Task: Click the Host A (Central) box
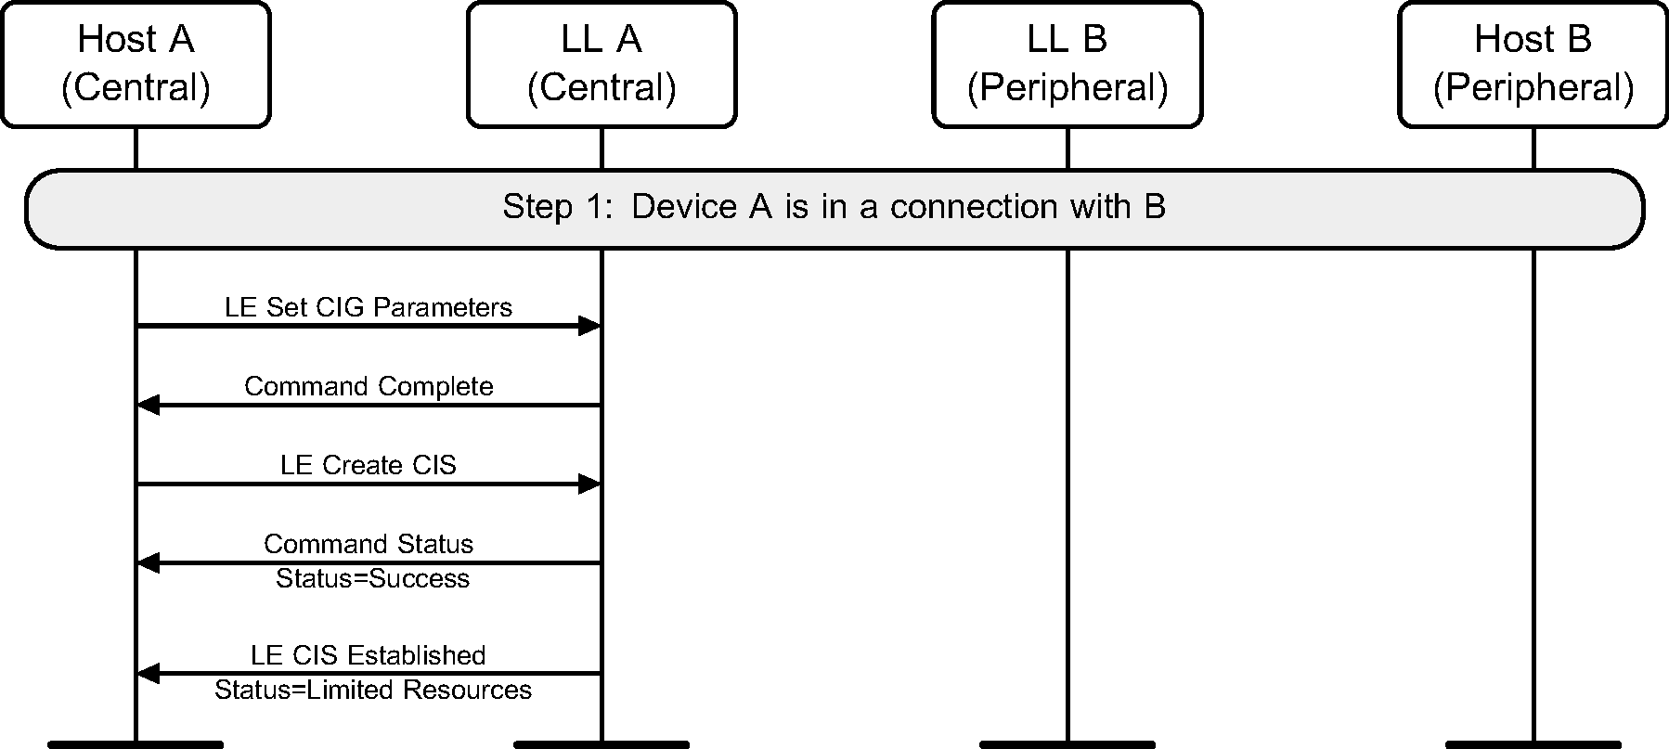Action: click(136, 63)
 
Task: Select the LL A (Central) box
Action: click(602, 63)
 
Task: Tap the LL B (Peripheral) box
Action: click(1067, 63)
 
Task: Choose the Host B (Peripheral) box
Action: click(1533, 63)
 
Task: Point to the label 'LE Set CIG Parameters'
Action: click(369, 307)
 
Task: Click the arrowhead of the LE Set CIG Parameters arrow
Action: click(590, 326)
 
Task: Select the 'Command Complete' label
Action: click(369, 386)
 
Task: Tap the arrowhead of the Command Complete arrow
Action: click(148, 405)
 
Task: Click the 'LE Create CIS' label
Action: click(369, 465)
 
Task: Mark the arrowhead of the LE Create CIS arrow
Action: click(590, 484)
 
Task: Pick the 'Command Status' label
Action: click(369, 544)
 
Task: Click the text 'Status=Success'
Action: click(372, 578)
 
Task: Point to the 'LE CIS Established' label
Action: click(369, 655)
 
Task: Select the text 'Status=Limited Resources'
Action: click(372, 690)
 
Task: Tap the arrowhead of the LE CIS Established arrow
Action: click(148, 674)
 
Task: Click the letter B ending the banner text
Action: click(1155, 206)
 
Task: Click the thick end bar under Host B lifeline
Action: click(1533, 743)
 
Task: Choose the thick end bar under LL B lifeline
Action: click(1067, 743)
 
